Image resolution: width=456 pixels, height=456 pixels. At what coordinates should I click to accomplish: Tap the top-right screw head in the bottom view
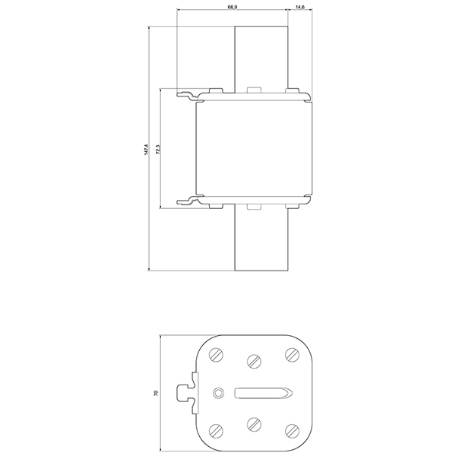point(290,355)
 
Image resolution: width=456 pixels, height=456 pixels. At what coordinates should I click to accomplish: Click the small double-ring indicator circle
point(219,393)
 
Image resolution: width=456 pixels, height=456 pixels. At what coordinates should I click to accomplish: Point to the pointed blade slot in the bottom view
point(262,393)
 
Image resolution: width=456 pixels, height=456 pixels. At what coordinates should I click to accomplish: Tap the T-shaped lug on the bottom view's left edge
point(184,393)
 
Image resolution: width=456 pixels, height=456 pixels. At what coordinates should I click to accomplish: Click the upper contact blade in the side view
point(261,57)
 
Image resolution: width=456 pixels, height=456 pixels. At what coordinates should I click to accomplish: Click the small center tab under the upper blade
point(254,90)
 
